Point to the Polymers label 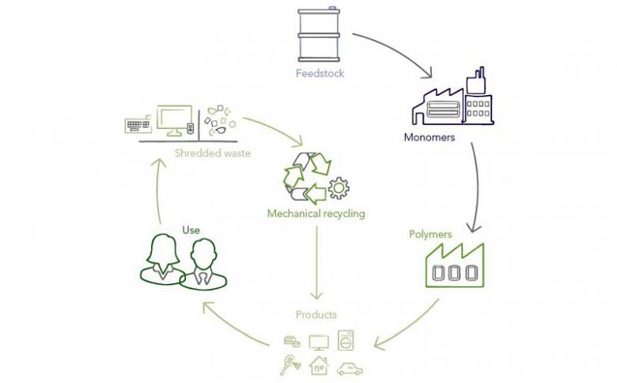click(430, 234)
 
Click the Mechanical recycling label click(316, 214)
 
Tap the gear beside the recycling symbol click(339, 189)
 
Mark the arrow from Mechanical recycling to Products click(316, 261)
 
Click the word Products click(316, 315)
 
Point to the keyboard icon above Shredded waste click(138, 125)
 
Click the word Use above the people click(191, 230)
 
